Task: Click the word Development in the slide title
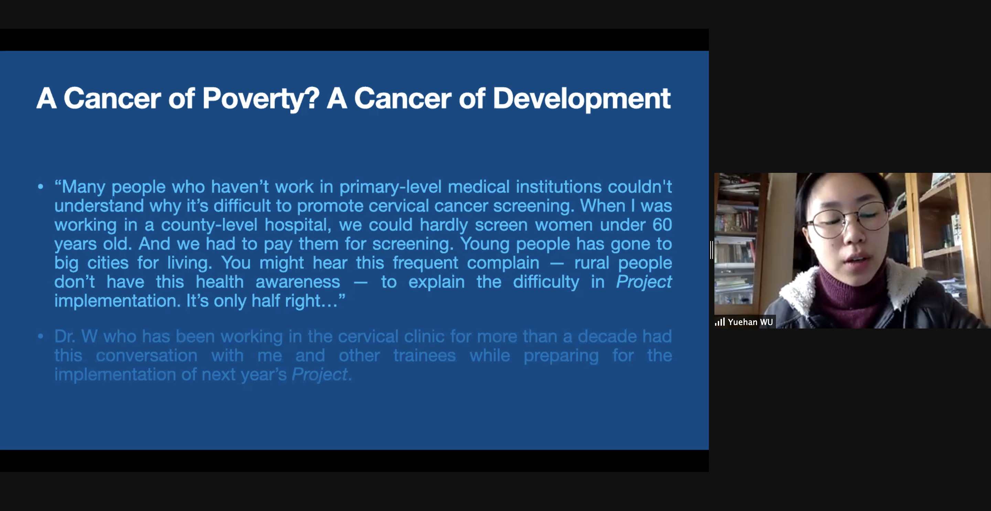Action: pyautogui.click(x=582, y=98)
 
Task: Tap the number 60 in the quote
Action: pyautogui.click(x=662, y=225)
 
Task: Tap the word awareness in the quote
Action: pyautogui.click(x=298, y=282)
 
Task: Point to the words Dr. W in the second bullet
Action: pyautogui.click(x=76, y=336)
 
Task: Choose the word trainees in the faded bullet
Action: pyautogui.click(x=424, y=355)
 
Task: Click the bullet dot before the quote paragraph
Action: pyautogui.click(x=40, y=187)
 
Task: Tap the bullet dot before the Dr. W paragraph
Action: pyautogui.click(x=40, y=336)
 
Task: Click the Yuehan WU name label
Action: pyautogui.click(x=750, y=322)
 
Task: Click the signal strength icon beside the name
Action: pyautogui.click(x=720, y=322)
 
